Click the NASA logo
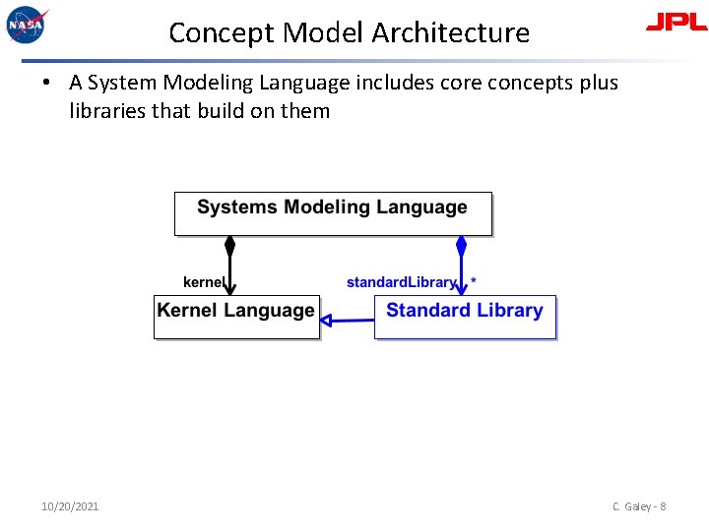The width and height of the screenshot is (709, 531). [27, 25]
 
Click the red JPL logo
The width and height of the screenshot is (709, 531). [676, 23]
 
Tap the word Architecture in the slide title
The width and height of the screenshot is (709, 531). [451, 32]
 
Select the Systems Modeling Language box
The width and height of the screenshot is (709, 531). [333, 213]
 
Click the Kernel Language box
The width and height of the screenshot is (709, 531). [236, 317]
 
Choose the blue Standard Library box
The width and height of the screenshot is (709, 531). [465, 317]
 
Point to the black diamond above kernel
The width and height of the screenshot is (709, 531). [229, 246]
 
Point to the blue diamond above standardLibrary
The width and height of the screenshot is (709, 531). [461, 246]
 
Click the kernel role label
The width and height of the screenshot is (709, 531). [204, 282]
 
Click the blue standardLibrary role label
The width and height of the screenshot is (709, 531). [402, 282]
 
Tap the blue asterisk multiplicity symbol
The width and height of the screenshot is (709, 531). [474, 282]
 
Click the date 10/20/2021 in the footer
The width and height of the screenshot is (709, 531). [70, 506]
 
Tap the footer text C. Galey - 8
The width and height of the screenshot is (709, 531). [638, 506]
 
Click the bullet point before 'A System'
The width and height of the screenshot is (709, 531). [47, 83]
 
